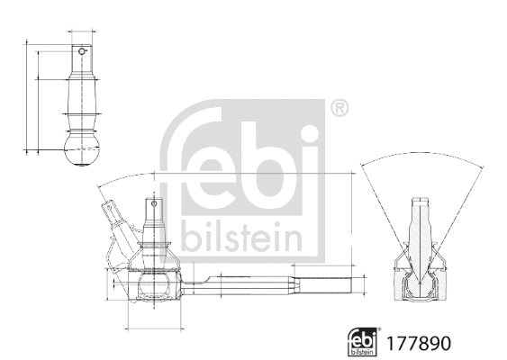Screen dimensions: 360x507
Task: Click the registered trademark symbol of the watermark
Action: pyautogui.click(x=338, y=109)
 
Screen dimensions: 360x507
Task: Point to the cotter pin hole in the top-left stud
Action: pyautogui.click(x=82, y=51)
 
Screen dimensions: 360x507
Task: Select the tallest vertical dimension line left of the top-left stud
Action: pyautogui.click(x=27, y=94)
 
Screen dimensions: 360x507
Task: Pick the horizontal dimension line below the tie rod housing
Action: pyautogui.click(x=153, y=321)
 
